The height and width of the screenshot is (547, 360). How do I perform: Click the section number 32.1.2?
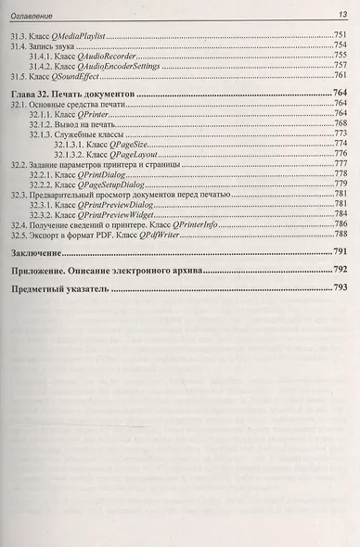42,123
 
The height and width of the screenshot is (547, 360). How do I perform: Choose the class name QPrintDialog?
102,174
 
